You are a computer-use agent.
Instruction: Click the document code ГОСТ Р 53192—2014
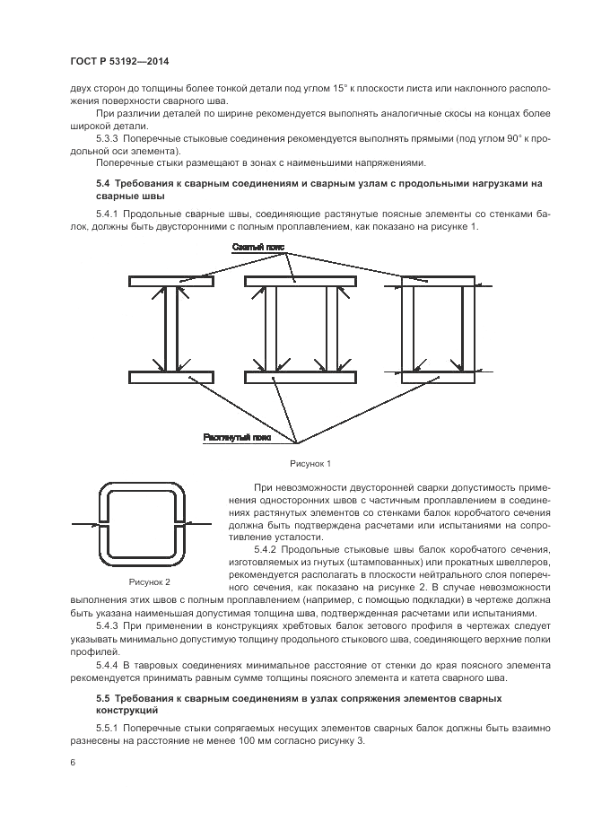[x=119, y=61]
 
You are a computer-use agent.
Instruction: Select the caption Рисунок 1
[x=310, y=463]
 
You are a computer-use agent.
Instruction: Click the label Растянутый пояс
[x=237, y=438]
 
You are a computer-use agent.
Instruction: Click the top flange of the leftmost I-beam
[x=170, y=282]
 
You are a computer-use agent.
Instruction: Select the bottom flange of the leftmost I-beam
[x=170, y=376]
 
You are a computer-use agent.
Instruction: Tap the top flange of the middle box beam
[x=300, y=282]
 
